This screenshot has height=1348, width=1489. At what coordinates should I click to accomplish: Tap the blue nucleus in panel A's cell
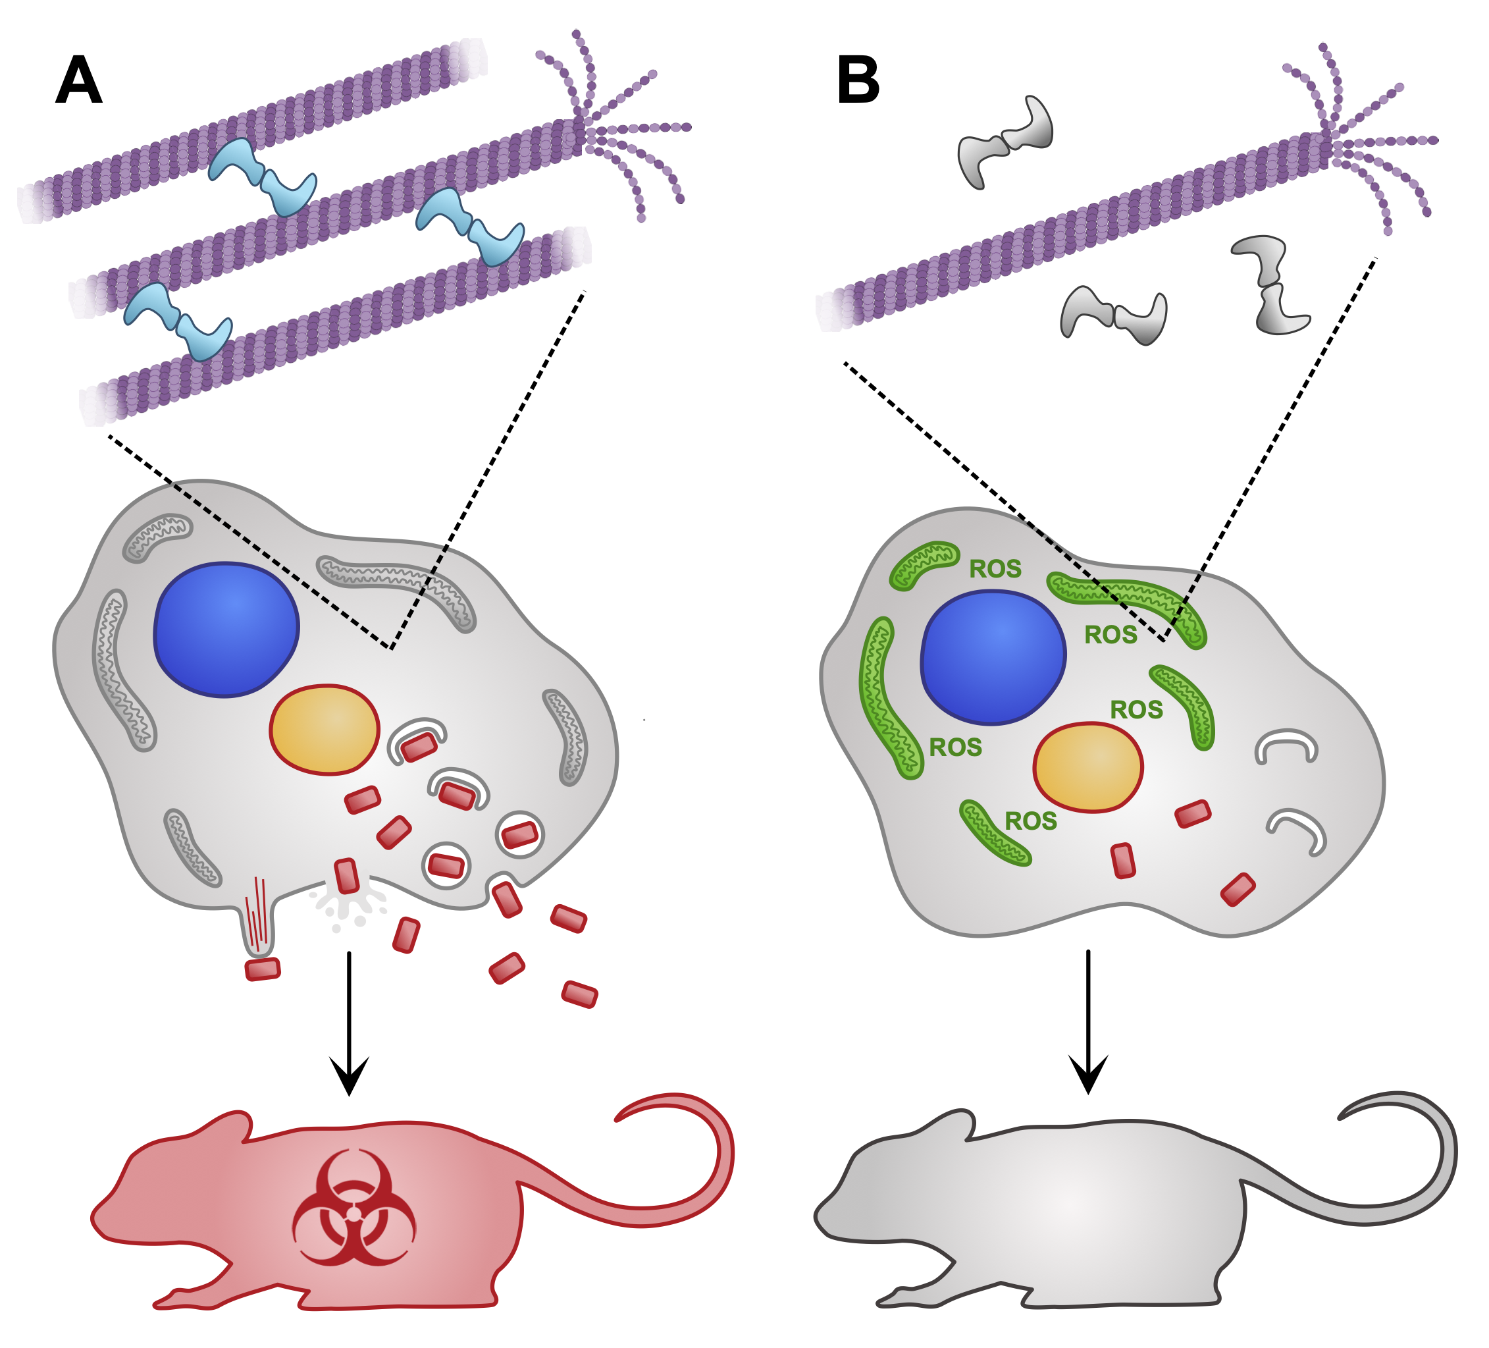[226, 629]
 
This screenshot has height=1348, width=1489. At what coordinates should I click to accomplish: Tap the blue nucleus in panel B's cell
[993, 657]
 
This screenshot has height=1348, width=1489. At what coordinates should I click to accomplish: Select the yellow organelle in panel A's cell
[325, 730]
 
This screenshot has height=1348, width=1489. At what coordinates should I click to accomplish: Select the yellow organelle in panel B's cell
[1088, 767]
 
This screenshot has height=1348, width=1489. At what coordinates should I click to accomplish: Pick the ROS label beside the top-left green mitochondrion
[995, 569]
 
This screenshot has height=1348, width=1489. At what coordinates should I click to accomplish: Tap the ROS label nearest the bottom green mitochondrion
[1030, 821]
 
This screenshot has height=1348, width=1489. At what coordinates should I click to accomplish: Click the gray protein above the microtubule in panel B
[1006, 142]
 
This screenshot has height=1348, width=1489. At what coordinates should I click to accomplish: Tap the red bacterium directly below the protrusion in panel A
[262, 969]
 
